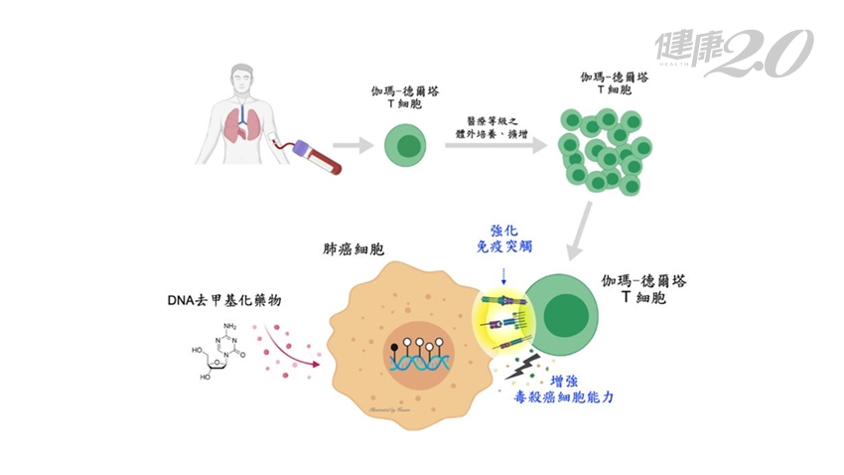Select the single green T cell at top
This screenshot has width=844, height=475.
point(405,147)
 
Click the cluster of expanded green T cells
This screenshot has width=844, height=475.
point(600,148)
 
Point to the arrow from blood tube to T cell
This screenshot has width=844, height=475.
point(352,147)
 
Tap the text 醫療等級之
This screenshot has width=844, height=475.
point(493,118)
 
